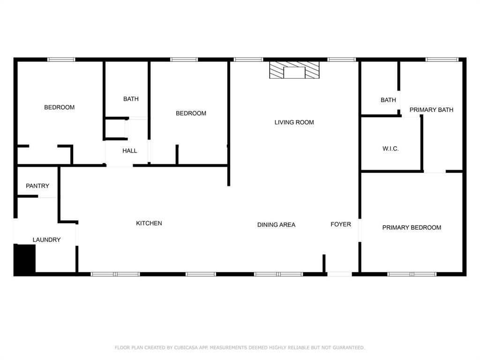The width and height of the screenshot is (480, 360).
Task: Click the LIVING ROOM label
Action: click(x=294, y=122)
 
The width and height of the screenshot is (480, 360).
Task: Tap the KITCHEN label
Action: click(x=149, y=223)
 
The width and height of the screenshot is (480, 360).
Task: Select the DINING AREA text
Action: click(x=276, y=225)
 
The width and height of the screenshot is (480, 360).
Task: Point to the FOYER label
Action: click(x=341, y=224)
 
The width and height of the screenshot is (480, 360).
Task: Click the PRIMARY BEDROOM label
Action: click(x=412, y=227)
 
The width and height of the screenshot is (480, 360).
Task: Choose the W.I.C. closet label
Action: click(x=390, y=149)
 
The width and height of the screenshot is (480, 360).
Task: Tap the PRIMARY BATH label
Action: click(x=431, y=110)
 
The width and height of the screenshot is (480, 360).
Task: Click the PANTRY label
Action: click(x=37, y=186)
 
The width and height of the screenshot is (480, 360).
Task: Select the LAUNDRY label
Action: click(x=46, y=240)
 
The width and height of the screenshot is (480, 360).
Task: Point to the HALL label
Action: click(x=130, y=150)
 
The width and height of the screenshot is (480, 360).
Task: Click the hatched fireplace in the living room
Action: click(x=294, y=70)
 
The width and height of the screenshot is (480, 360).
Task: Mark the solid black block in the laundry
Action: click(x=25, y=258)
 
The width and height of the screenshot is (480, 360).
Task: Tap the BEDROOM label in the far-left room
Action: click(x=60, y=107)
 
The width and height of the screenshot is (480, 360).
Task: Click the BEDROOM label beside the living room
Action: click(x=191, y=113)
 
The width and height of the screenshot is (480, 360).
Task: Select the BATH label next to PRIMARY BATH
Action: click(x=388, y=100)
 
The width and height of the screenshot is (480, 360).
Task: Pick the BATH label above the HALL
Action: click(x=131, y=99)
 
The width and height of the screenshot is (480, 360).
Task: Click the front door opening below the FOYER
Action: click(x=339, y=274)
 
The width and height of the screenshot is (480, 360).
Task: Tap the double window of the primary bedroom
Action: click(x=412, y=274)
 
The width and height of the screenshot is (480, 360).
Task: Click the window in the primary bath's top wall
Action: click(x=442, y=60)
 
